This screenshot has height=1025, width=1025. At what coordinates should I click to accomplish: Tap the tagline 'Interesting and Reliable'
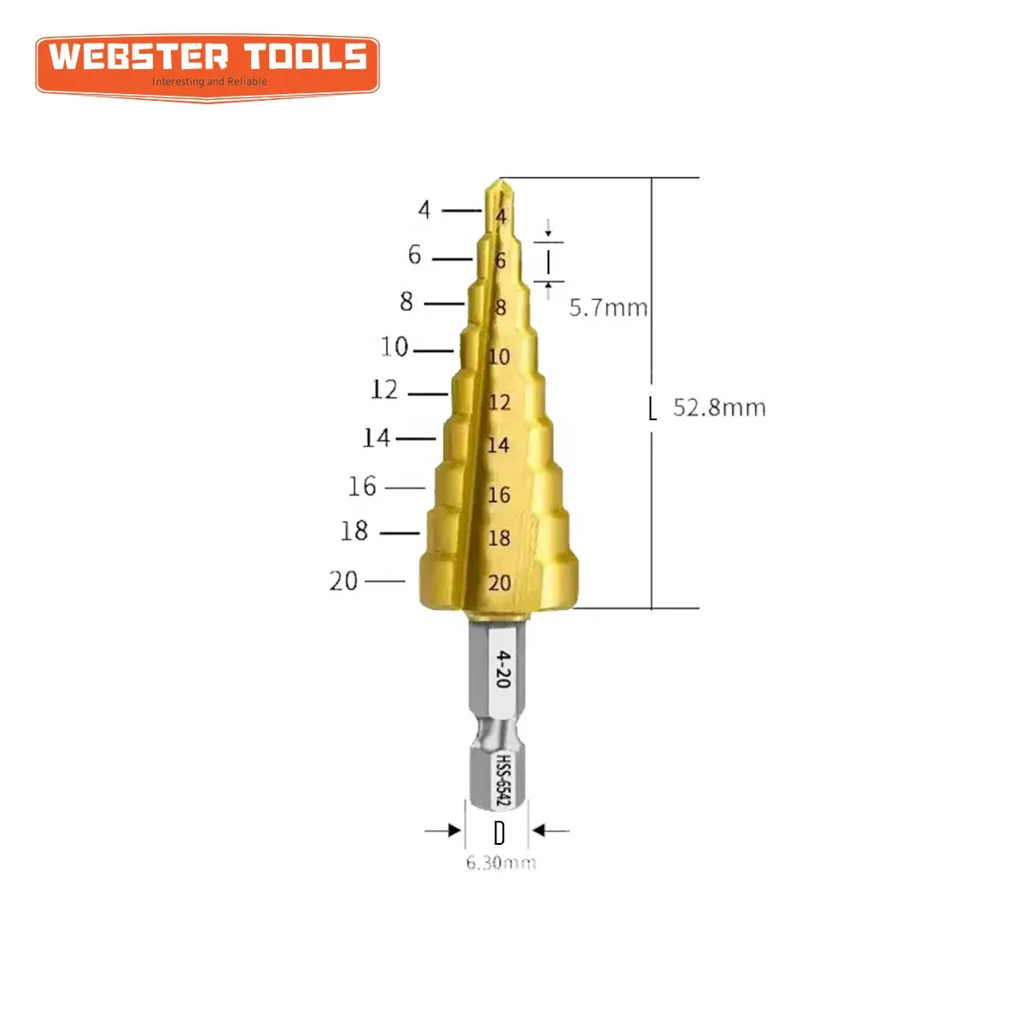click(x=209, y=82)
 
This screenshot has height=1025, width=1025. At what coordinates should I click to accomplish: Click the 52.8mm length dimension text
click(x=719, y=407)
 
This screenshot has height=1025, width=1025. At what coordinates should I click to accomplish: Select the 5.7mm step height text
click(x=608, y=307)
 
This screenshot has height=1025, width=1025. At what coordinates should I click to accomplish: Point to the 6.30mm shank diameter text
click(x=501, y=863)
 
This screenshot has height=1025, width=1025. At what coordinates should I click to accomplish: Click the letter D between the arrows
click(x=500, y=832)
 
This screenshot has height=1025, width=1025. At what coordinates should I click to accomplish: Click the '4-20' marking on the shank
click(x=503, y=668)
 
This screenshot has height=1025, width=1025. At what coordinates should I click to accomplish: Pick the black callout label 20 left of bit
click(x=343, y=581)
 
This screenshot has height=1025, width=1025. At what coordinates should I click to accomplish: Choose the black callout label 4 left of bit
click(x=425, y=209)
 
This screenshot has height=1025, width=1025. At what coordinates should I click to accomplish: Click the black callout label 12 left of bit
click(x=384, y=390)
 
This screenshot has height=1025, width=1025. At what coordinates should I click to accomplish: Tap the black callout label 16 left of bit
click(x=362, y=486)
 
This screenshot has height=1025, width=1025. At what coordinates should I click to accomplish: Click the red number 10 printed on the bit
click(x=499, y=356)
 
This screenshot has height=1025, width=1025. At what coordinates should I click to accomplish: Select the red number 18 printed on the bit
click(x=499, y=538)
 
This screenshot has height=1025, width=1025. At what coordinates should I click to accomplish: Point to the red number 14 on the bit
click(x=498, y=445)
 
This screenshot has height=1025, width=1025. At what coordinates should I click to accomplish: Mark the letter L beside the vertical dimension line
click(x=653, y=409)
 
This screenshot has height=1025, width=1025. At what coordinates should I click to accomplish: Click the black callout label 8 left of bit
click(x=407, y=302)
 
